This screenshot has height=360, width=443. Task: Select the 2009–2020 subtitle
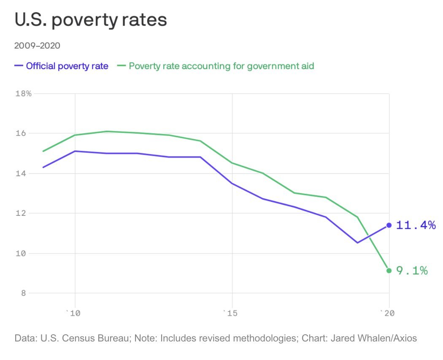pos(37,46)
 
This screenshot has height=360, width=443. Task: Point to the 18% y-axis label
pos(23,94)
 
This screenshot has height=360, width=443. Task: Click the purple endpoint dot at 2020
pos(389,225)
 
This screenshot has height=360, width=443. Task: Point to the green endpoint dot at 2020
pos(389,271)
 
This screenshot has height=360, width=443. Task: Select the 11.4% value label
pos(416,225)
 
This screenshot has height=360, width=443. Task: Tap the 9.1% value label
pos(412,271)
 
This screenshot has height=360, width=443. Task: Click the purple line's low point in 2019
pos(357,242)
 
